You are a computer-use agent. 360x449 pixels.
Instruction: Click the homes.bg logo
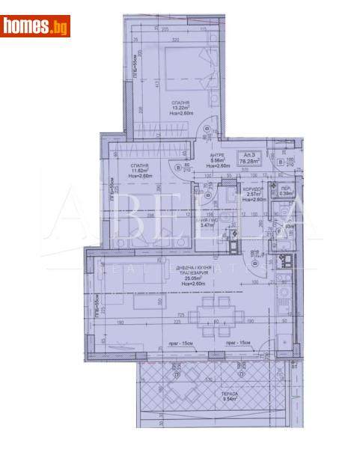point(35,26)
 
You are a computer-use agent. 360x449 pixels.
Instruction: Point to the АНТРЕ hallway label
point(218,154)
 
